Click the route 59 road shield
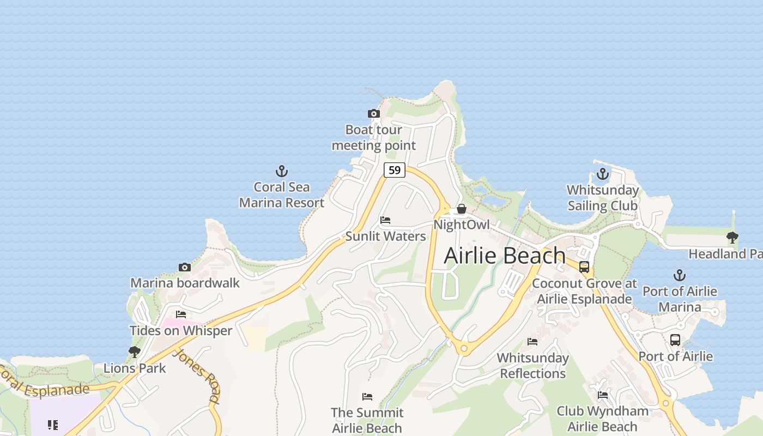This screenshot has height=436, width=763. pos(395,170)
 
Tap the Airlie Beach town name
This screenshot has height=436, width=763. pos(505,256)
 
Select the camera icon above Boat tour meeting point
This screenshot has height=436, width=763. pos(374,114)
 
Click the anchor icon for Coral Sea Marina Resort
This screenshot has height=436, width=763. pos(282,172)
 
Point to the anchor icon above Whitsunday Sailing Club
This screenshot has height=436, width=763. pos(602,174)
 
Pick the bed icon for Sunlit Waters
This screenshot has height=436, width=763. pos(385,220)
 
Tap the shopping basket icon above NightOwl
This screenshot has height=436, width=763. pos(462,209)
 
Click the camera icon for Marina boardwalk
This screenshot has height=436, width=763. pos(185,268)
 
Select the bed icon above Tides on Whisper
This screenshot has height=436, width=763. pos(181,314)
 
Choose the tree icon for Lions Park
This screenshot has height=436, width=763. pos(135,352)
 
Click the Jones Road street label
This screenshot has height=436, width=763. pos(197,376)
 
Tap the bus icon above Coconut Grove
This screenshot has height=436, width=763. pos(584,267)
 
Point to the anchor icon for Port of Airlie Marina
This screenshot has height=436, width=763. pos(679,275)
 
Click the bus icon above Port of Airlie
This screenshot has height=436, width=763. pos(675,340)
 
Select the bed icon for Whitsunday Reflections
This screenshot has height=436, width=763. pos(532,342)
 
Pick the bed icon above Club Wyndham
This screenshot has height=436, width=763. pos(603,395)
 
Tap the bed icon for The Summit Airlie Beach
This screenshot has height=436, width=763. pos(367,397)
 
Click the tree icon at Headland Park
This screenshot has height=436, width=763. pos(732,238)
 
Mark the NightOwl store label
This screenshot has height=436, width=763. pos(462,225)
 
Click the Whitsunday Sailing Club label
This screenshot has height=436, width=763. pos(602,198)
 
